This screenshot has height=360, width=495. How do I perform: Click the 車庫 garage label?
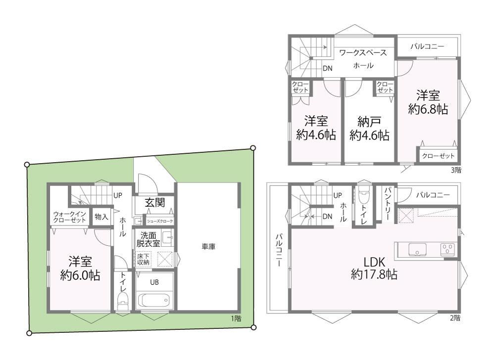(208, 247)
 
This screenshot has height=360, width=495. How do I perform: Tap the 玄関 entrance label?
(155, 203)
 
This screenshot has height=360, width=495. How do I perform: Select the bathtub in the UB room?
(154, 300)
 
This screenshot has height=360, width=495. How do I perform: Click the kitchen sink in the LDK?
(417, 249)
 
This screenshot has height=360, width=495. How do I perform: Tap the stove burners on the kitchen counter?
(448, 249)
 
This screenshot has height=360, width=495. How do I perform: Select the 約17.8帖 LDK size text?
(374, 274)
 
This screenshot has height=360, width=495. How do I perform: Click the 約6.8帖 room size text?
(428, 109)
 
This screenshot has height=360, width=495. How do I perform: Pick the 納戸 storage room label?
(369, 121)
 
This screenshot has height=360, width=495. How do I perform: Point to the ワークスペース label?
(363, 52)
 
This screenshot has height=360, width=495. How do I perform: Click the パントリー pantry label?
(388, 203)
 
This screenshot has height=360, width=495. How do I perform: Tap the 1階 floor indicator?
(236, 318)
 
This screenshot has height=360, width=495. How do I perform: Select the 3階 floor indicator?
(456, 170)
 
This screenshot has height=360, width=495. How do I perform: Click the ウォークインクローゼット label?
(69, 217)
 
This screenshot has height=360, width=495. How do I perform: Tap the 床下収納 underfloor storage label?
(143, 259)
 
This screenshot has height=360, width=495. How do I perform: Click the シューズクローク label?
(160, 221)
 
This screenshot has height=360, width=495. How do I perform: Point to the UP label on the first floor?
(117, 195)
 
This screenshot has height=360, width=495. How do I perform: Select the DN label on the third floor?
(328, 68)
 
